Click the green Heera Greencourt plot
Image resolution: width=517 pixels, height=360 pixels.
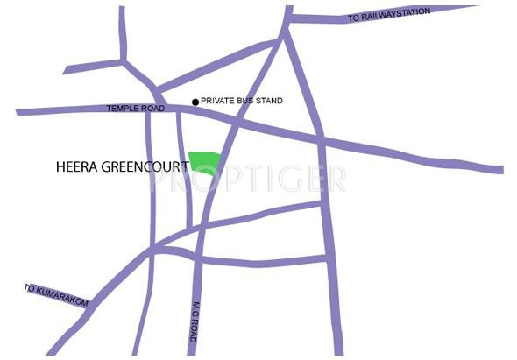tap(205, 162)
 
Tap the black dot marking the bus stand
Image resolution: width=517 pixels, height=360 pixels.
tap(195, 102)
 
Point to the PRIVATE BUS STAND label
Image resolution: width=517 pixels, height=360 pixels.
tap(242, 102)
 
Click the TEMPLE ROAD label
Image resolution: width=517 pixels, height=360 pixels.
tap(136, 109)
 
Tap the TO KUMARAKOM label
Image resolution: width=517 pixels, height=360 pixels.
tap(57, 295)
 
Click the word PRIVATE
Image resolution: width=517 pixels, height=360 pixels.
tap(218, 102)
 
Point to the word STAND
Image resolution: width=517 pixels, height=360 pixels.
tap(268, 102)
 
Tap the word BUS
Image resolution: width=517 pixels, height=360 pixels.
tap(244, 102)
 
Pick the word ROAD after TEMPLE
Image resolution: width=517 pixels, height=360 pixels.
tap(153, 109)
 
